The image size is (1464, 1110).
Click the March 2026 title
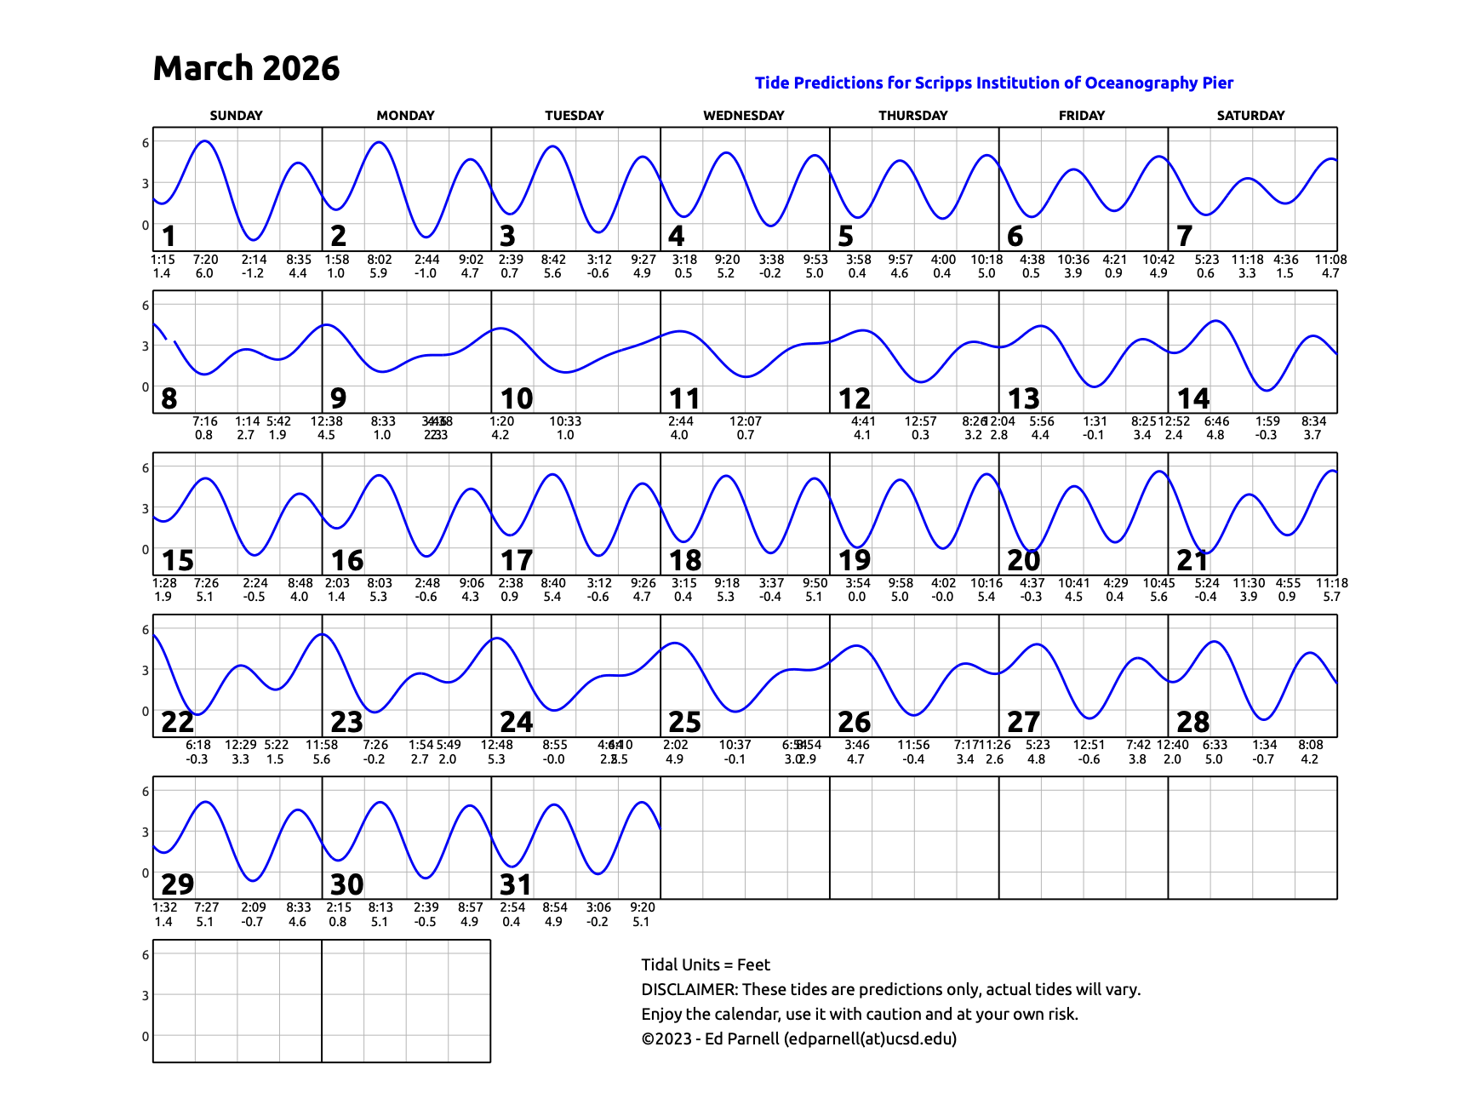(x=246, y=68)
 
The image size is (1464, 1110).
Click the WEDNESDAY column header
(x=743, y=116)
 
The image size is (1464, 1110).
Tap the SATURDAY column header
(x=1250, y=116)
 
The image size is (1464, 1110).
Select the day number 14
(x=1192, y=398)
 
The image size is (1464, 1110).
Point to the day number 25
(x=684, y=722)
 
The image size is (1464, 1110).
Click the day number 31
(x=516, y=884)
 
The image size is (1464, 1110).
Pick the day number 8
(x=169, y=398)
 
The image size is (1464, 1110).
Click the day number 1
(x=169, y=236)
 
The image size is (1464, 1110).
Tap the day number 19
(x=854, y=560)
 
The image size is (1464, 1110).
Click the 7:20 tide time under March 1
(x=205, y=260)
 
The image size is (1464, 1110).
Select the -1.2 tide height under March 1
(x=253, y=273)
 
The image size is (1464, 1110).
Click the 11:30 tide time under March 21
(x=1249, y=583)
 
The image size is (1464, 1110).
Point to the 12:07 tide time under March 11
(x=746, y=421)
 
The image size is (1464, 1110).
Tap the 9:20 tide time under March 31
(x=643, y=907)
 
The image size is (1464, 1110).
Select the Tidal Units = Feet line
(x=706, y=964)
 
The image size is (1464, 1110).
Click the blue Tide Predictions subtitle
(x=993, y=83)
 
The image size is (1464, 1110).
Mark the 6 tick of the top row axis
(x=146, y=143)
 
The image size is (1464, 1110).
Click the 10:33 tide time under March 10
(x=565, y=421)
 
